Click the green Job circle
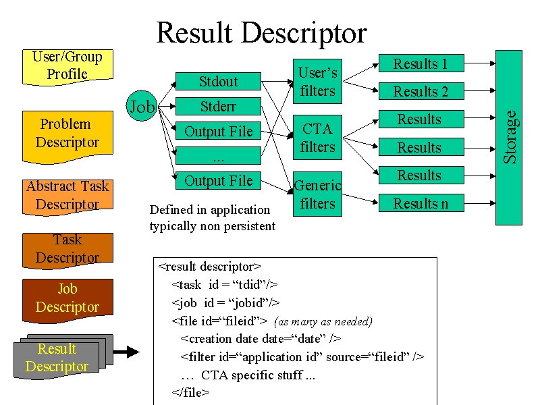click(x=142, y=106)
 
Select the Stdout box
click(x=218, y=81)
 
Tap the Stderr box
click(x=218, y=107)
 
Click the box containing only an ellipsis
click(x=218, y=156)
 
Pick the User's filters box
click(x=317, y=81)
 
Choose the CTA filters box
click(x=317, y=138)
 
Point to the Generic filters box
click(x=317, y=194)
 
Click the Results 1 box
click(x=421, y=63)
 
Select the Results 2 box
click(x=421, y=91)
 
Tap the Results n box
click(x=421, y=203)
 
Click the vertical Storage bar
click(x=509, y=138)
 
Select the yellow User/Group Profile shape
click(x=67, y=67)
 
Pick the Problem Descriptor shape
click(x=67, y=137)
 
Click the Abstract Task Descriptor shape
click(x=67, y=197)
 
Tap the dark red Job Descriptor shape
click(x=67, y=300)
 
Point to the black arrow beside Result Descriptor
click(x=126, y=352)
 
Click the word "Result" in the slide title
click(x=194, y=32)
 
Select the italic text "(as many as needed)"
click(x=323, y=322)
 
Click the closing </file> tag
click(x=190, y=392)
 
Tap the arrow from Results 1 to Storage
click(x=480, y=63)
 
